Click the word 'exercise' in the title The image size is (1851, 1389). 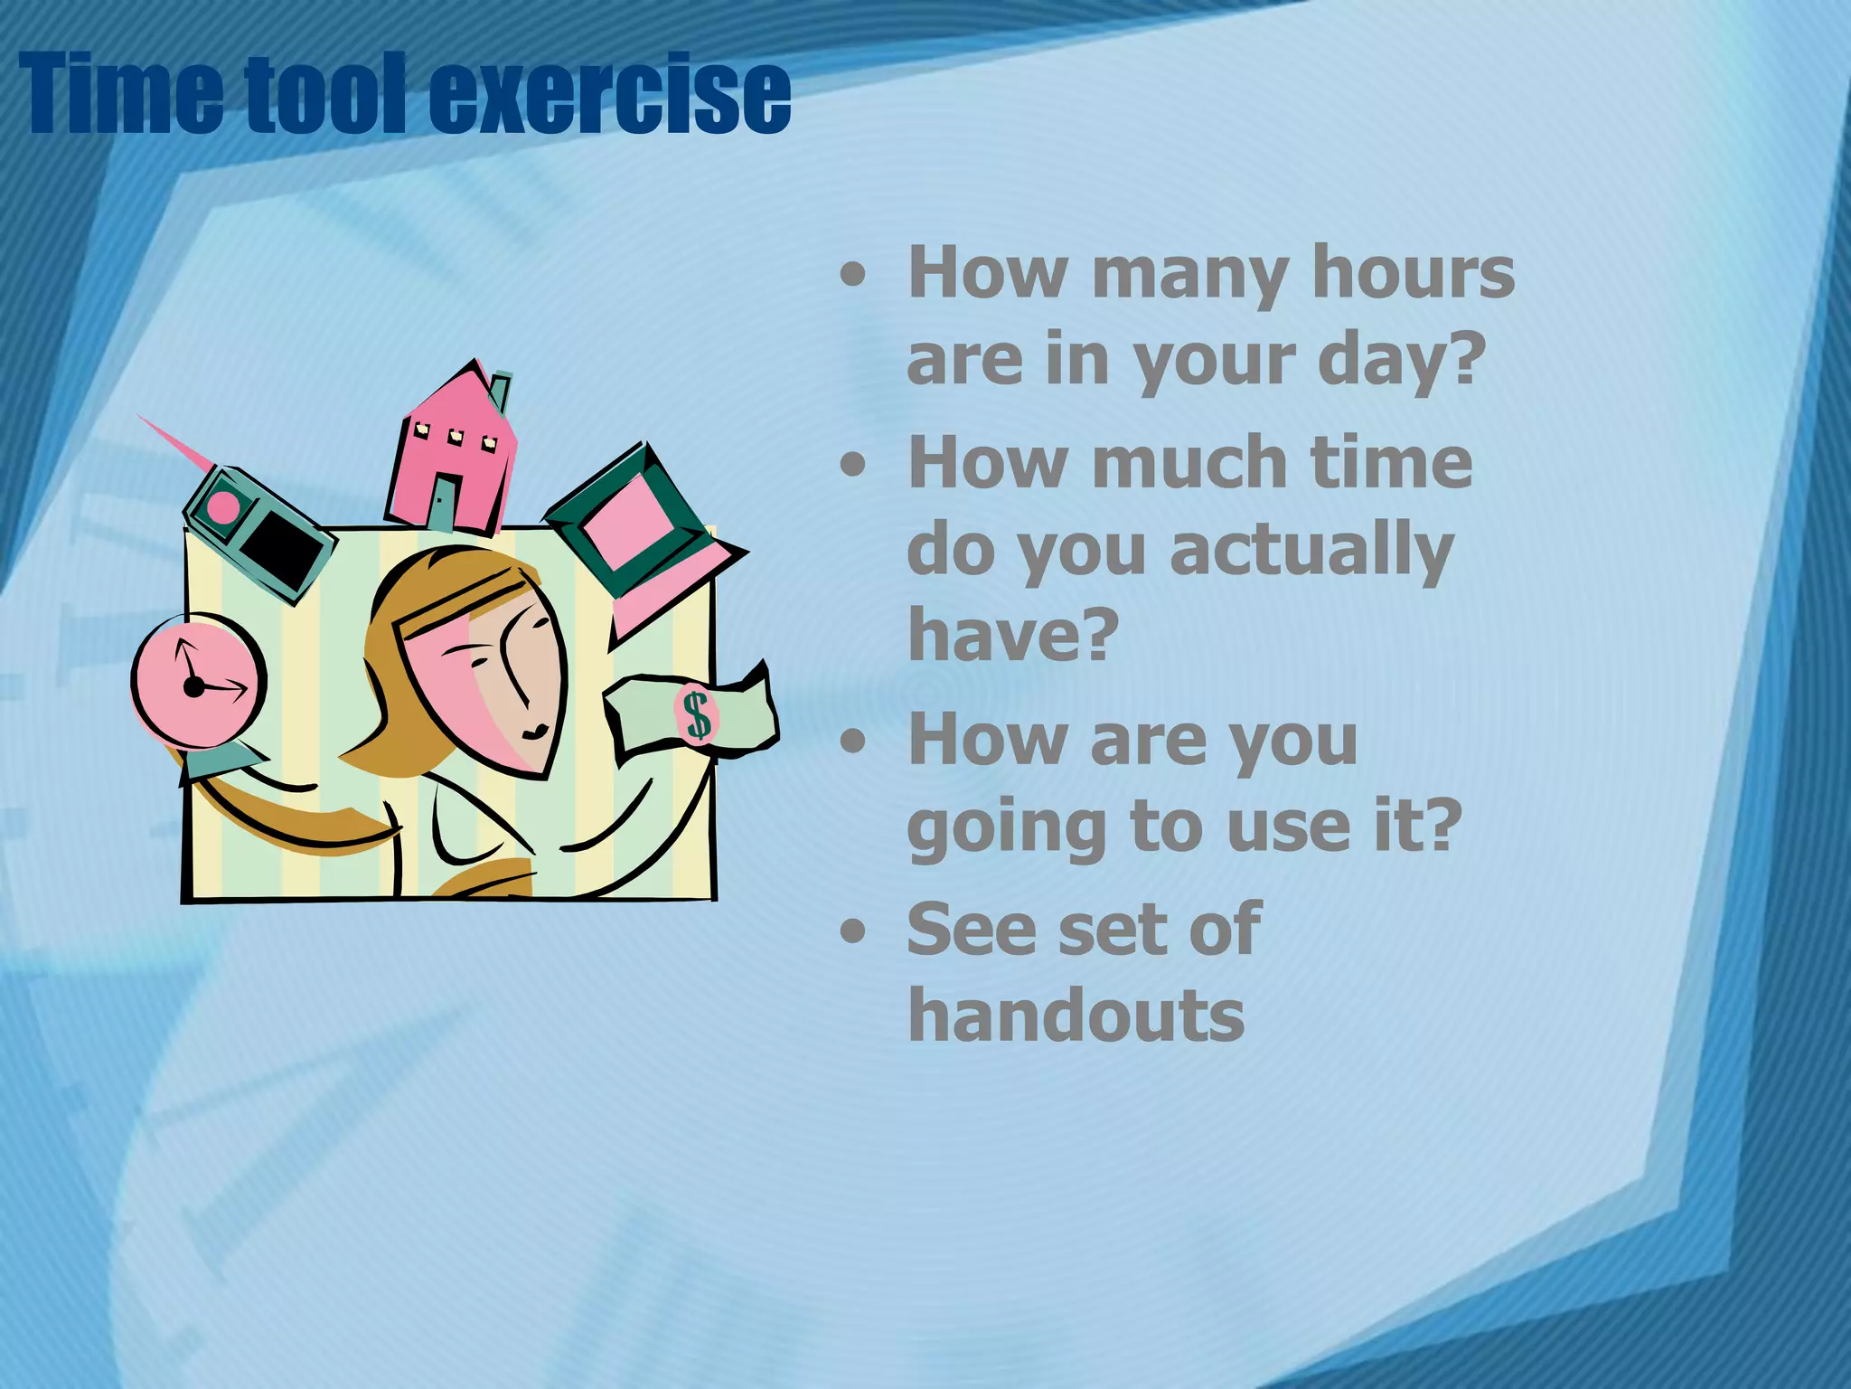[x=609, y=94]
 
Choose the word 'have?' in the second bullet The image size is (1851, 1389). [x=1013, y=634]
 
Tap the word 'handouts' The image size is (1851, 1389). [x=1076, y=1016]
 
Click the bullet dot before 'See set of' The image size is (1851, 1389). [x=851, y=931]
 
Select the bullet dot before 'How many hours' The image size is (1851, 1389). [x=851, y=276]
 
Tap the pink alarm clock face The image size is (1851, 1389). [x=199, y=679]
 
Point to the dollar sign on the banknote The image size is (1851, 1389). [x=697, y=714]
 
